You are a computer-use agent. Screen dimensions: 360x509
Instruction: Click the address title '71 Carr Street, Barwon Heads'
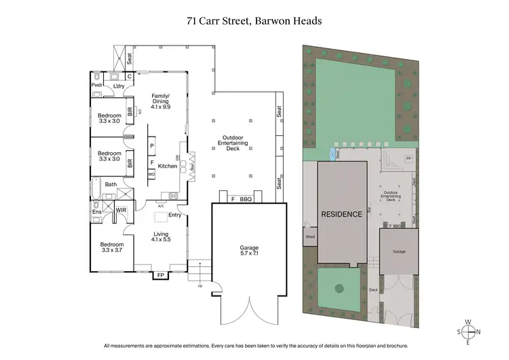pos(254,21)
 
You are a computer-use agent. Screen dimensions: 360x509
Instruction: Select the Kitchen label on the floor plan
pos(167,166)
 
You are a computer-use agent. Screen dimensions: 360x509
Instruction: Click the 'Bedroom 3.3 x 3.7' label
pos(112,247)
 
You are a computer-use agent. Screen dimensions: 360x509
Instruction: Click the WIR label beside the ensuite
pos(121,211)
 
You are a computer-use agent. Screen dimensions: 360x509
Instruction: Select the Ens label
pos(96,211)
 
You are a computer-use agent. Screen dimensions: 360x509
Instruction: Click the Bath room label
pos(111,184)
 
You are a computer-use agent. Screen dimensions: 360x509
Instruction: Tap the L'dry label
pos(118,86)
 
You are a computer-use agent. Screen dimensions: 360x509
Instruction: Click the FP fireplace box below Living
pos(160,275)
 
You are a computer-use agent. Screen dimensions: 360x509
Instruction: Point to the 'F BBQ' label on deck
pos(241,199)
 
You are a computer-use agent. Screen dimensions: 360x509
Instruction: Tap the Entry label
pos(174,215)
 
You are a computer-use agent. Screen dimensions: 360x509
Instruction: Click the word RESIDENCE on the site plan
pos(341,214)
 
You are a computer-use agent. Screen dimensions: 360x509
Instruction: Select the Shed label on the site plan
pos(309,237)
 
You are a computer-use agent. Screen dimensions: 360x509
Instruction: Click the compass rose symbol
pos(468,331)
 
